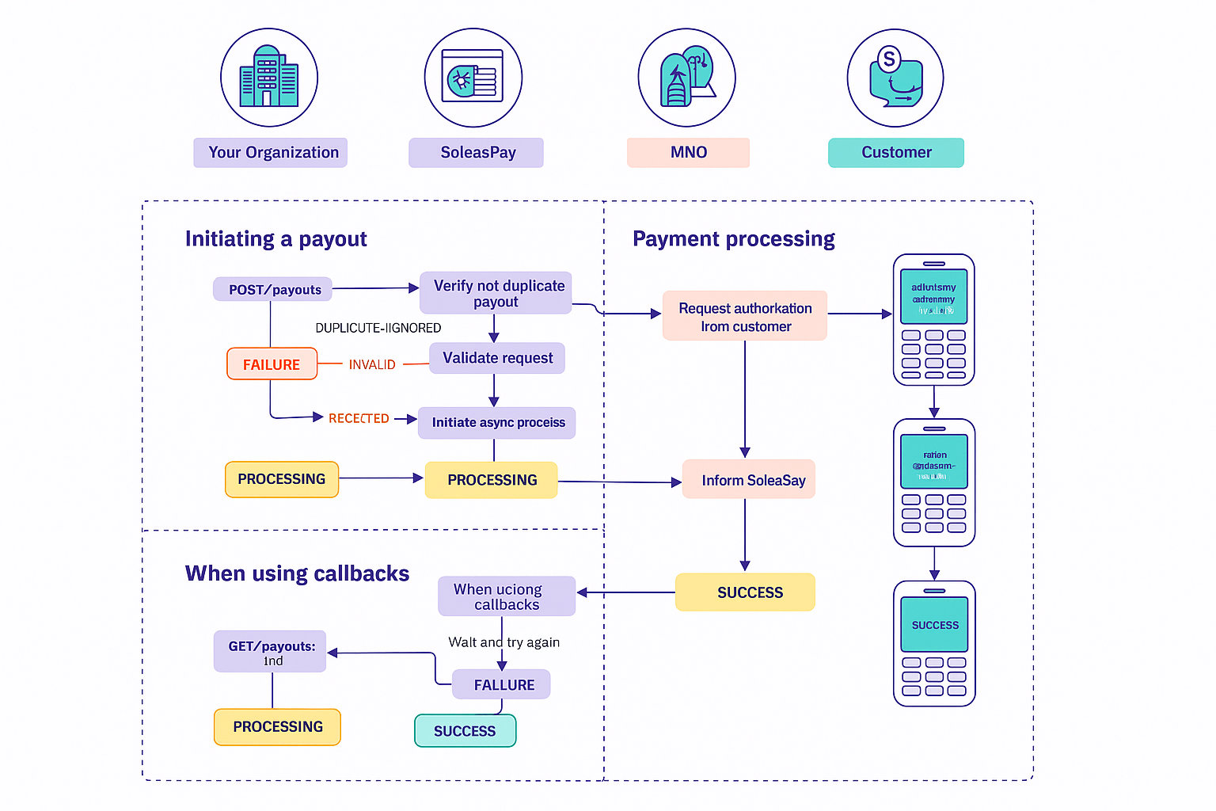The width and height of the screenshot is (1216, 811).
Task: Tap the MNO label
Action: pyautogui.click(x=688, y=153)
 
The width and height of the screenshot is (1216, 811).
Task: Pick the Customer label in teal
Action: pyautogui.click(x=895, y=153)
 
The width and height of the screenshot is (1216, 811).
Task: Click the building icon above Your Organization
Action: pyautogui.click(x=269, y=78)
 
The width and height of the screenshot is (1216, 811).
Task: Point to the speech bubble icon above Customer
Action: pyautogui.click(x=895, y=78)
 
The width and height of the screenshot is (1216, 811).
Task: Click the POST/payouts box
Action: pyautogui.click(x=272, y=289)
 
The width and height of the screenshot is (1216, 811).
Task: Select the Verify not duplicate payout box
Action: pyautogui.click(x=496, y=293)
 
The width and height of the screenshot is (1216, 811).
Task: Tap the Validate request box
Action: pyautogui.click(x=497, y=358)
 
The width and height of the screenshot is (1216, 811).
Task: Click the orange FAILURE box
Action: pyautogui.click(x=272, y=364)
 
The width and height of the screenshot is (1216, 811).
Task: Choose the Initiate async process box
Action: pyautogui.click(x=497, y=423)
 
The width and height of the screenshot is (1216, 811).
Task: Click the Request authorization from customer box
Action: pyautogui.click(x=744, y=316)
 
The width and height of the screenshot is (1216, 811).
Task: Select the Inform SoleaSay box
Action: pyautogui.click(x=748, y=480)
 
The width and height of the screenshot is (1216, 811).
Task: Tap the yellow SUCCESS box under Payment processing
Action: pyautogui.click(x=745, y=592)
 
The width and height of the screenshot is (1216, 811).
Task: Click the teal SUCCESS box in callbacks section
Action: pyautogui.click(x=465, y=731)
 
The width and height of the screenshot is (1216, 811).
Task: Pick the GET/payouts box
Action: pyautogui.click(x=270, y=652)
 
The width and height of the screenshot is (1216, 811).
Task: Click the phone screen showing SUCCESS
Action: pyautogui.click(x=934, y=625)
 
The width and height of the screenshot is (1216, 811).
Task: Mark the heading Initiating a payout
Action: pyautogui.click(x=275, y=239)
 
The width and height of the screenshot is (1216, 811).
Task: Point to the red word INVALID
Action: pyautogui.click(x=372, y=364)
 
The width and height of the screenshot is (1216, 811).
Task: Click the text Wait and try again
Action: pyautogui.click(x=503, y=642)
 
